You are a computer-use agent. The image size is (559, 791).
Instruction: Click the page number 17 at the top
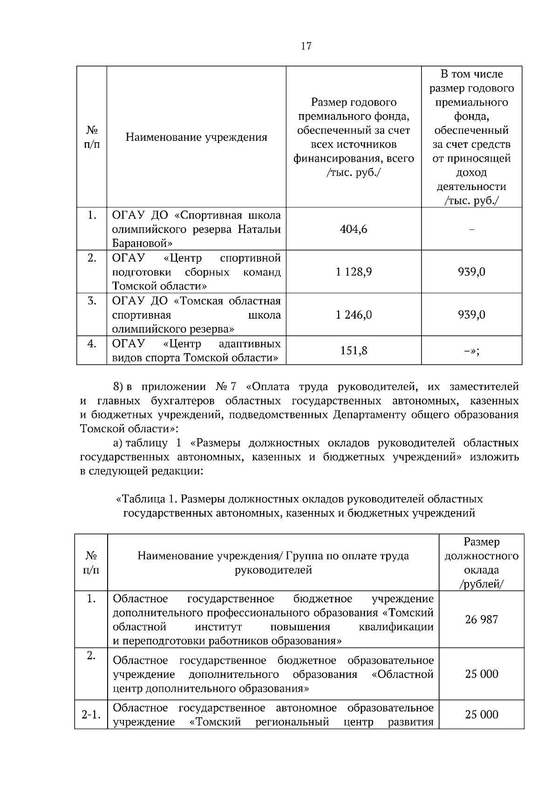(306, 46)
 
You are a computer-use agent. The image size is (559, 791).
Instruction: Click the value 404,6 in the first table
(354, 229)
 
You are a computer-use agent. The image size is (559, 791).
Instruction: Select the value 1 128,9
(354, 272)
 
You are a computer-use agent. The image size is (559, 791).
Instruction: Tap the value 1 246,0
(354, 315)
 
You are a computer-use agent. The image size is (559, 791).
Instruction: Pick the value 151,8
(354, 350)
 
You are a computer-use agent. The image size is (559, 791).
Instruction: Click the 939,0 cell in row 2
(471, 272)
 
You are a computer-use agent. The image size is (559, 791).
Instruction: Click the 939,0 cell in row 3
(471, 315)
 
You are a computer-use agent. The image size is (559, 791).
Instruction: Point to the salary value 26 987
(481, 620)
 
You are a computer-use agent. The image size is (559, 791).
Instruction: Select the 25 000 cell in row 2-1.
(481, 714)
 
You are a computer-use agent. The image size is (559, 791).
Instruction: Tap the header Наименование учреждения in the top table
(196, 137)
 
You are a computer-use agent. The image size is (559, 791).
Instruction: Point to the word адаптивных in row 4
(250, 344)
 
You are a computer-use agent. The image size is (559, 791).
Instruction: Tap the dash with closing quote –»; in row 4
(471, 351)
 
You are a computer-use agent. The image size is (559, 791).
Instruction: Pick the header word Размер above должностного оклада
(481, 542)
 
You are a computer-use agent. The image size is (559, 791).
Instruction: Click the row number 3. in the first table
(92, 301)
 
